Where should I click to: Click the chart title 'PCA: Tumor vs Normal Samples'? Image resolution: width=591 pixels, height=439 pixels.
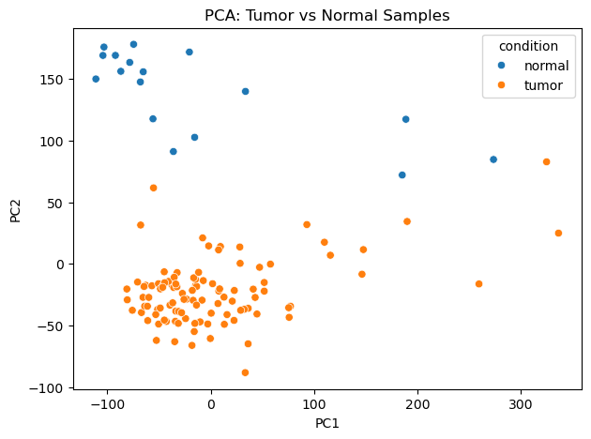[x=326, y=15]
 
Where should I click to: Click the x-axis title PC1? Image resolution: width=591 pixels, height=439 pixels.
[x=326, y=423]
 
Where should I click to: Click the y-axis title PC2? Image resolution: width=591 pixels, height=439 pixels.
[x=15, y=209]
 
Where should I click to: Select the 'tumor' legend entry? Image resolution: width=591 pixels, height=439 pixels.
[x=543, y=85]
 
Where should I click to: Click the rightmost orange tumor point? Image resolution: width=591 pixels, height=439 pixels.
[x=558, y=234]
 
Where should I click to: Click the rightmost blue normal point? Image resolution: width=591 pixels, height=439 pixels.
[x=493, y=159]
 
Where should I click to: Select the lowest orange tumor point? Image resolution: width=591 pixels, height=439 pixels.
[x=245, y=372]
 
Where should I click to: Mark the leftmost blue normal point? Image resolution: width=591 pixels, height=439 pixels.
[x=96, y=79]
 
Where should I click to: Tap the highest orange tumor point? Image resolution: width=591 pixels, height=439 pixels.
[x=546, y=162]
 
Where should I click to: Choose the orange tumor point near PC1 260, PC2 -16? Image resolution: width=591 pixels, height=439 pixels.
[x=478, y=284]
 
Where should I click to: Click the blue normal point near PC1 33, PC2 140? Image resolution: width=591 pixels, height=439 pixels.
[x=245, y=92]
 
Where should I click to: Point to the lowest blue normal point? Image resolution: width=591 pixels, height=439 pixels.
[x=402, y=175]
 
